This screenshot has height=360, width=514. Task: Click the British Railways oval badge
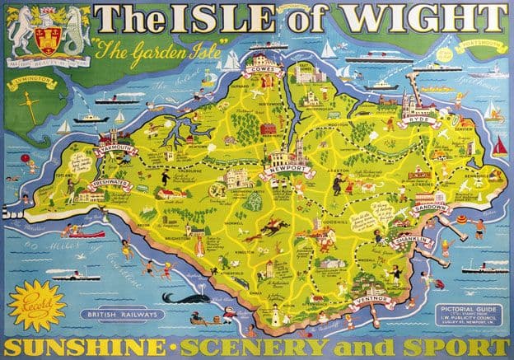coord(128,314)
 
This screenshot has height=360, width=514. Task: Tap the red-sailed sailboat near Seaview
coord(500,147)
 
